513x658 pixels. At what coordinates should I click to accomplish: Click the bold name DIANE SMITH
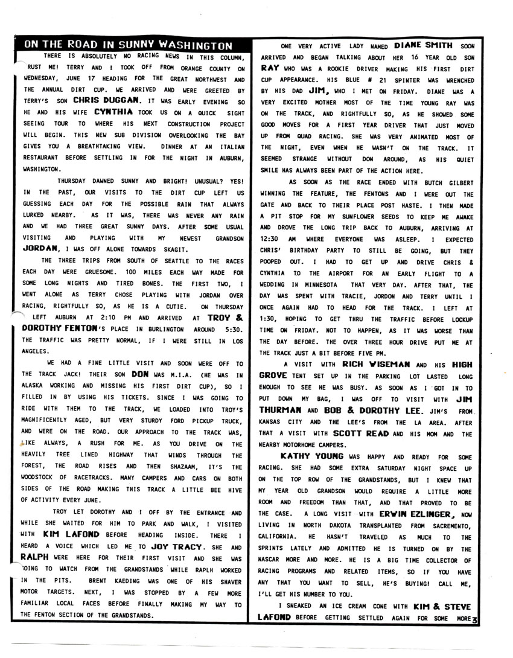click(424, 45)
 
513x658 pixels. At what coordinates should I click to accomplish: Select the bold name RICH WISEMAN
click(378, 365)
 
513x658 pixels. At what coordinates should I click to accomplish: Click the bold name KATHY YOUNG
click(312, 456)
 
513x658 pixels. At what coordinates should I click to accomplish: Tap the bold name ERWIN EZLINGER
click(415, 514)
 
